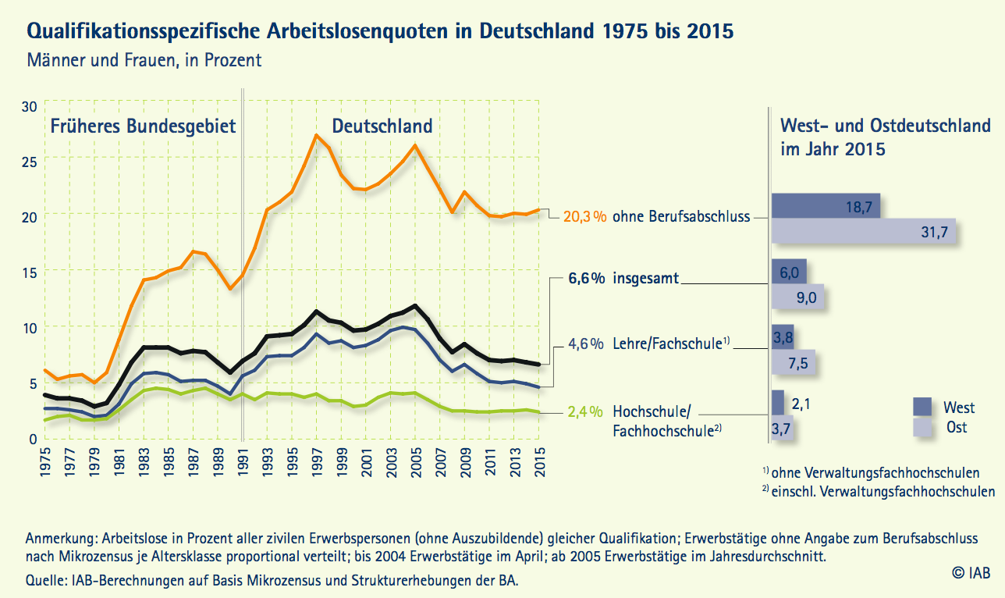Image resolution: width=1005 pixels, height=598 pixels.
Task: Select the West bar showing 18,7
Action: (x=826, y=207)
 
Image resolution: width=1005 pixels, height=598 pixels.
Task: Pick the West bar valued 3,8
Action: (x=783, y=337)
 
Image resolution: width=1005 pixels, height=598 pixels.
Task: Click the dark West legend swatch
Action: (x=923, y=407)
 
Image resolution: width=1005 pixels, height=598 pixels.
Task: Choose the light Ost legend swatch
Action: (x=923, y=426)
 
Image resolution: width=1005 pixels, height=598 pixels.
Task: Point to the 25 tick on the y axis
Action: (x=28, y=161)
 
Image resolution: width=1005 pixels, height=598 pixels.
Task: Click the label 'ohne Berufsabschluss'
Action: (x=681, y=216)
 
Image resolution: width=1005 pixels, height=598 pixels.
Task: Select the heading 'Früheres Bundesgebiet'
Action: (x=143, y=126)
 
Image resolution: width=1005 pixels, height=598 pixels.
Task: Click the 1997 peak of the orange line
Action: (x=316, y=135)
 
